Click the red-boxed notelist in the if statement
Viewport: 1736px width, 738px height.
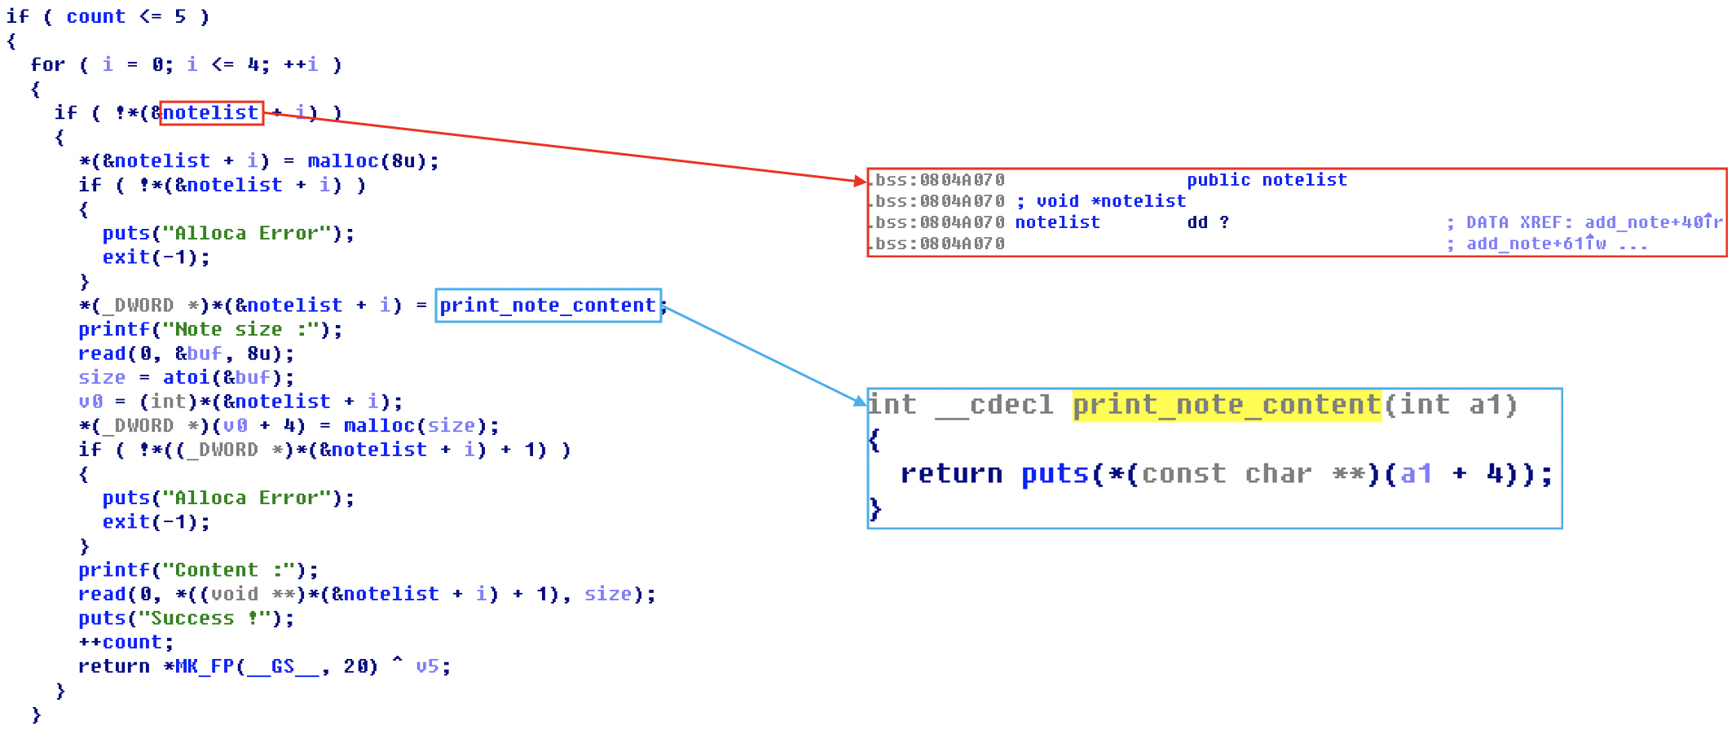211,112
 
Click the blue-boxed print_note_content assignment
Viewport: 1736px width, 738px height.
548,305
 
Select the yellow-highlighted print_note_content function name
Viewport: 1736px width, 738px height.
1227,405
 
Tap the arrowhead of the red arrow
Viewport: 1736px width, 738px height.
860,182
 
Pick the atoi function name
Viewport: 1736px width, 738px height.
187,378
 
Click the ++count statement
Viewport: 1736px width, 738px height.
126,643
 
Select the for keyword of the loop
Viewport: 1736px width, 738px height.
47,65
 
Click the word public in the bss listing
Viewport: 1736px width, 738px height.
1218,180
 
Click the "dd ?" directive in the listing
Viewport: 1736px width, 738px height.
1208,222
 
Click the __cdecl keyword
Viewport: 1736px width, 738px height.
994,405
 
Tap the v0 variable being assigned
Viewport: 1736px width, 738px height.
90,402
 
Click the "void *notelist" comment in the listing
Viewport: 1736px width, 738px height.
1110,201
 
